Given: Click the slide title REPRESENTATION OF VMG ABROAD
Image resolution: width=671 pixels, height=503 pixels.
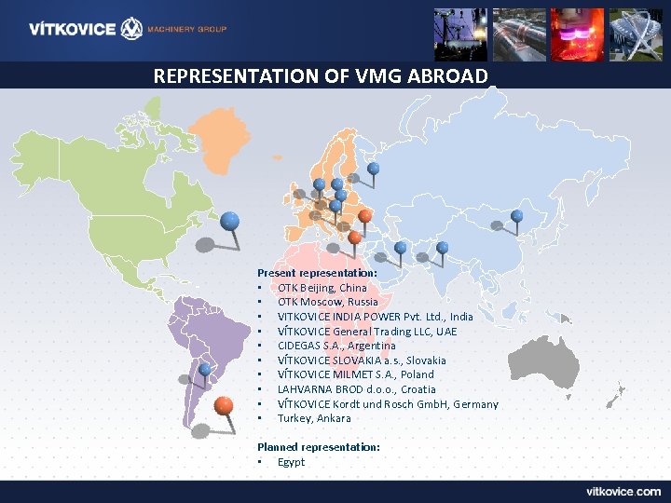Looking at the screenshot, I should pyautogui.click(x=321, y=75).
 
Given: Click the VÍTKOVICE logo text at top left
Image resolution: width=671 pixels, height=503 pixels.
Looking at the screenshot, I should pyautogui.click(x=73, y=29).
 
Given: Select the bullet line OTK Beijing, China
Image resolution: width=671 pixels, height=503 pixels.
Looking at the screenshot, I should pyautogui.click(x=322, y=288).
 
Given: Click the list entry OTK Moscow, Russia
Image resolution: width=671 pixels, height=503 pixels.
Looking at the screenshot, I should pyautogui.click(x=327, y=302).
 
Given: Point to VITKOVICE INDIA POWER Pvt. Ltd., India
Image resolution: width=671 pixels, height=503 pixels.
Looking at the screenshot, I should pyautogui.click(x=375, y=317).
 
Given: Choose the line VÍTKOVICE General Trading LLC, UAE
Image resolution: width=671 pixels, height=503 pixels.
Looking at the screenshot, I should pyautogui.click(x=367, y=332).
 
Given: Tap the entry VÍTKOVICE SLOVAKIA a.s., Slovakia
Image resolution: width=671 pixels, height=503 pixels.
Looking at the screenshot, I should pyautogui.click(x=362, y=360).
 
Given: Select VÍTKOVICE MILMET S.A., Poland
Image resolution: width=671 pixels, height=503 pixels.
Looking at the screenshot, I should pyautogui.click(x=355, y=374).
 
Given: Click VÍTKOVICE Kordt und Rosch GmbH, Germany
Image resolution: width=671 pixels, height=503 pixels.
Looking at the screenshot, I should pyautogui.click(x=388, y=404).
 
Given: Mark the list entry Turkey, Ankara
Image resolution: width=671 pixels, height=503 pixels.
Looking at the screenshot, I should pyautogui.click(x=314, y=418).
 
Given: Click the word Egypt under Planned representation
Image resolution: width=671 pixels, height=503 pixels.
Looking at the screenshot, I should pyautogui.click(x=291, y=462).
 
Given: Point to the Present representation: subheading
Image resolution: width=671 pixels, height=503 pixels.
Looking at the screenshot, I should pyautogui.click(x=317, y=273).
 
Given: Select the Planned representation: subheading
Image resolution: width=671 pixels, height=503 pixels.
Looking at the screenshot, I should pyautogui.click(x=318, y=447).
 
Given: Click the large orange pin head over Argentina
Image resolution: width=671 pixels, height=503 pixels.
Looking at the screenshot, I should pyautogui.click(x=223, y=405).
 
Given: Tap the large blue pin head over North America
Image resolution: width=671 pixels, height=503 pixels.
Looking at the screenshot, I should pyautogui.click(x=229, y=221).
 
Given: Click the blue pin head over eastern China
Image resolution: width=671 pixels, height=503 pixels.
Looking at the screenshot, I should pyautogui.click(x=517, y=216).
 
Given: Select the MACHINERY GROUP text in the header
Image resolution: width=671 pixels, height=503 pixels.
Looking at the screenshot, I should pyautogui.click(x=187, y=30).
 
